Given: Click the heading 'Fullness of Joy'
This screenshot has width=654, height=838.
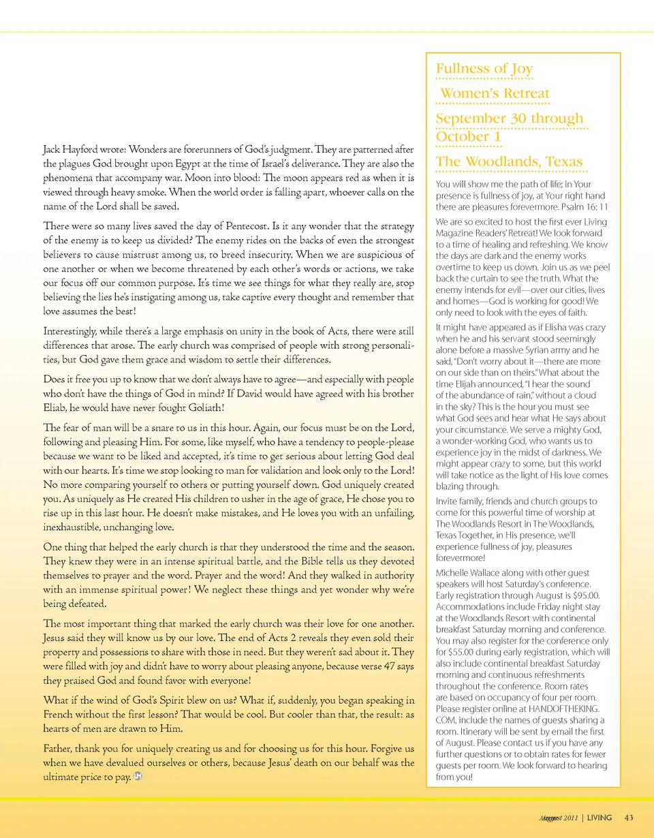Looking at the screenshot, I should click(x=484, y=69).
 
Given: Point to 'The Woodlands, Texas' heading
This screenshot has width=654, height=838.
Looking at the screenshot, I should click(x=509, y=162).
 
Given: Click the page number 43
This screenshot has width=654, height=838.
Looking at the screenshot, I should click(x=629, y=817).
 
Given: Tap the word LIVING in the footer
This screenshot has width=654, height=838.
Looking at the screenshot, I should click(x=599, y=817).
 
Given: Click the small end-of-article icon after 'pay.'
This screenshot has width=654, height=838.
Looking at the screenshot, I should click(x=138, y=778).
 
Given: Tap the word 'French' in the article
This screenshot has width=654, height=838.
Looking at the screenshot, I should click(x=60, y=715).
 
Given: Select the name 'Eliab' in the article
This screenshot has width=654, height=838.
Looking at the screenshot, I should click(x=57, y=407).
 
